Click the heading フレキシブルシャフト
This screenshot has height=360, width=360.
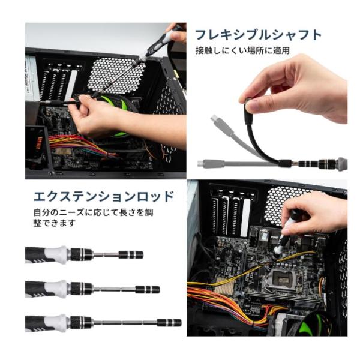(258, 35)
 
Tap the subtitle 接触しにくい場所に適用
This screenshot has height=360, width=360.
(242, 50)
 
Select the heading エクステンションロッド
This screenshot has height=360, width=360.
(104, 197)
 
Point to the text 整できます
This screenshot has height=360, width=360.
(54, 223)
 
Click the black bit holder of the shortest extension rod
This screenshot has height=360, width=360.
(131, 255)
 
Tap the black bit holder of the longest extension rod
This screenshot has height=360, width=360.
(169, 323)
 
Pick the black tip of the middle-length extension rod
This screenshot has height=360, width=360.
(148, 290)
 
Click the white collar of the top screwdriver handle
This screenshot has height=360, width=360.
(56, 255)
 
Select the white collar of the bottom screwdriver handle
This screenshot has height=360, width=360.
(56, 323)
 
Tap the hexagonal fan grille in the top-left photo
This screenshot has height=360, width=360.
(116, 75)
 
